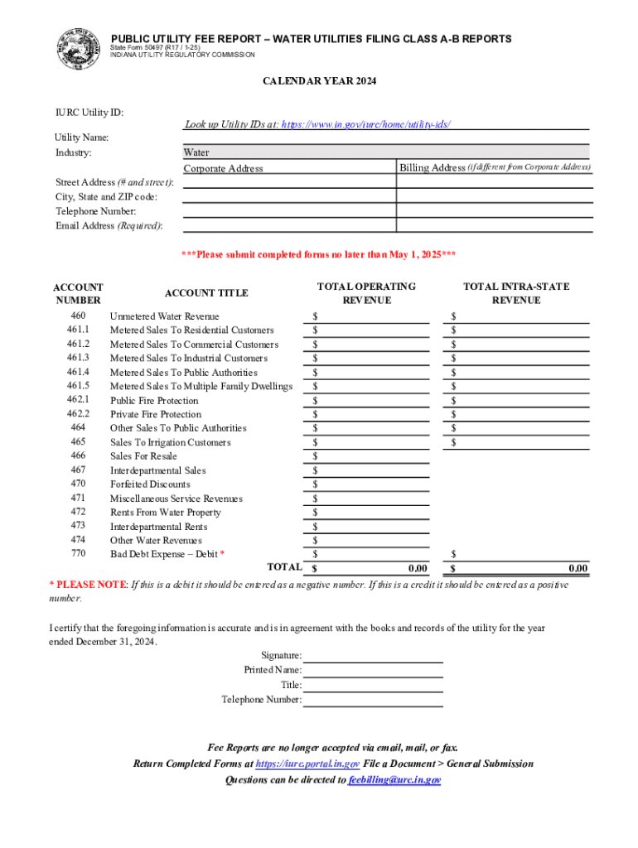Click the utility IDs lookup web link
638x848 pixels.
click(366, 124)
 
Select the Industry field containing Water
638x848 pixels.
click(385, 152)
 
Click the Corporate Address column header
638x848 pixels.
click(223, 168)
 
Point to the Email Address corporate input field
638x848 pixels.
click(288, 225)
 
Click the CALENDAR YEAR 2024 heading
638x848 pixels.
click(319, 81)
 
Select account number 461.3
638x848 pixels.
click(78, 358)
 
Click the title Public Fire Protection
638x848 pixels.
click(155, 400)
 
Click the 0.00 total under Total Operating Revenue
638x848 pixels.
click(418, 568)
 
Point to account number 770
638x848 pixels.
click(78, 553)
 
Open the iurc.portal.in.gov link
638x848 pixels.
click(307, 764)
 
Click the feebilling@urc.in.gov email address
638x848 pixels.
click(394, 780)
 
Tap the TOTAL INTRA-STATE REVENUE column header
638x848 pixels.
click(515, 293)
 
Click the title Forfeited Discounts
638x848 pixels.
click(150, 484)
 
